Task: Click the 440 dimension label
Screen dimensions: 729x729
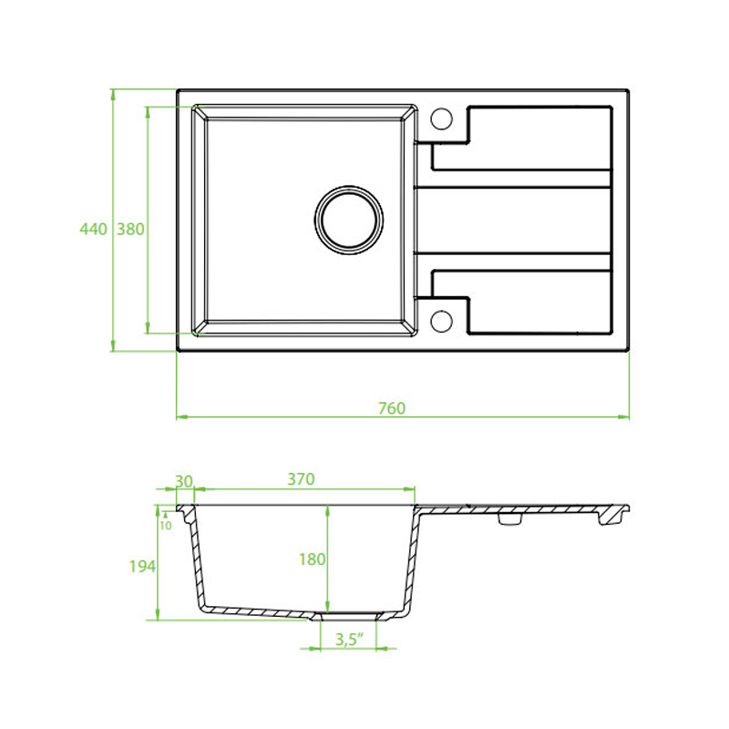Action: pos(94,230)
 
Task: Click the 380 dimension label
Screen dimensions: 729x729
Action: pos(130,230)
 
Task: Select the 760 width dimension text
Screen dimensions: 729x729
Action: pos(392,408)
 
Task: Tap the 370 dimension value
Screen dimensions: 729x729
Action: pos(301,479)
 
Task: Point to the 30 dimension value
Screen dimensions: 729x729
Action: pos(184,481)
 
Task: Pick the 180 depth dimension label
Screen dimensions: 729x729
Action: pos(312,560)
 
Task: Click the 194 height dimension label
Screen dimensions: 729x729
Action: pos(142,566)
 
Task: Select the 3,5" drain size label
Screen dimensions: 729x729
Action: pos(349,640)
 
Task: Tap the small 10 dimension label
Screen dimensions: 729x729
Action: pos(166,526)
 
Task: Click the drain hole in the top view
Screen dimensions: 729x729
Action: pos(349,220)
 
